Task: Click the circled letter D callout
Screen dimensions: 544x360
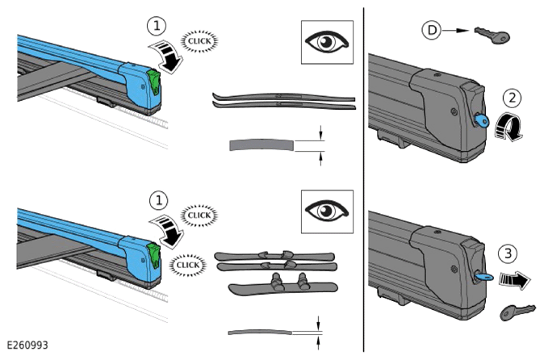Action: [432, 30]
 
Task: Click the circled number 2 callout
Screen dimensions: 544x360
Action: [512, 98]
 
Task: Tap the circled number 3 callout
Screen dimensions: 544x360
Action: [508, 253]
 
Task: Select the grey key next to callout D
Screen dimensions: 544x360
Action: [492, 35]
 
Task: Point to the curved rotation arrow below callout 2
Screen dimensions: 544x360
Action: [508, 128]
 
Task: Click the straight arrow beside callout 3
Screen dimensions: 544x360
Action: [515, 279]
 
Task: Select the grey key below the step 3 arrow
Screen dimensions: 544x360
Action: [517, 312]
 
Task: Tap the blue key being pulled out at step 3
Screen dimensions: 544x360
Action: [483, 276]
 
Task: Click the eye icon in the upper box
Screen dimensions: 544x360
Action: [327, 42]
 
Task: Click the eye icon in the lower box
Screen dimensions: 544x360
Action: [327, 211]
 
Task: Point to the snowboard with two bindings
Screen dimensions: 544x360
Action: [283, 285]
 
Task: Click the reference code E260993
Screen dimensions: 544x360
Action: [27, 345]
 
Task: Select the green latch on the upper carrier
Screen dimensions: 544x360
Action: [154, 82]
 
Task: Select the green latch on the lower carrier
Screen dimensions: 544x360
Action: [154, 255]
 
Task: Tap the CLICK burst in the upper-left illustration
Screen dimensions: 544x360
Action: [199, 41]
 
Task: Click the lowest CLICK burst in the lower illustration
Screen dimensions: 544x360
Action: [188, 266]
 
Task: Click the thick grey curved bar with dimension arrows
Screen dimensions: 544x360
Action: [262, 145]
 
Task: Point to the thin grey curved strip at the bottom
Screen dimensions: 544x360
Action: [260, 333]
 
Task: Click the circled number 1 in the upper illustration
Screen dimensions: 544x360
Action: [157, 26]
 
